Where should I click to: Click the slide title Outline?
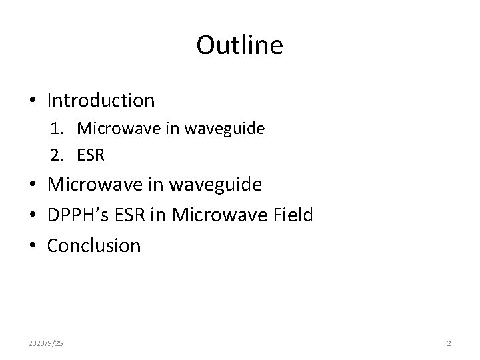(240, 46)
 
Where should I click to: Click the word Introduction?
(101, 101)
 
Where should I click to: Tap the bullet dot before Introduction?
(33, 101)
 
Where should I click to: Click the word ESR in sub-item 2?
(91, 155)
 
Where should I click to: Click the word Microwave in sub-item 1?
(111, 129)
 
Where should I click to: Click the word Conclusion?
(94, 246)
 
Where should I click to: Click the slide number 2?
(449, 343)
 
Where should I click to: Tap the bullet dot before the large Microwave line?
(33, 185)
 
